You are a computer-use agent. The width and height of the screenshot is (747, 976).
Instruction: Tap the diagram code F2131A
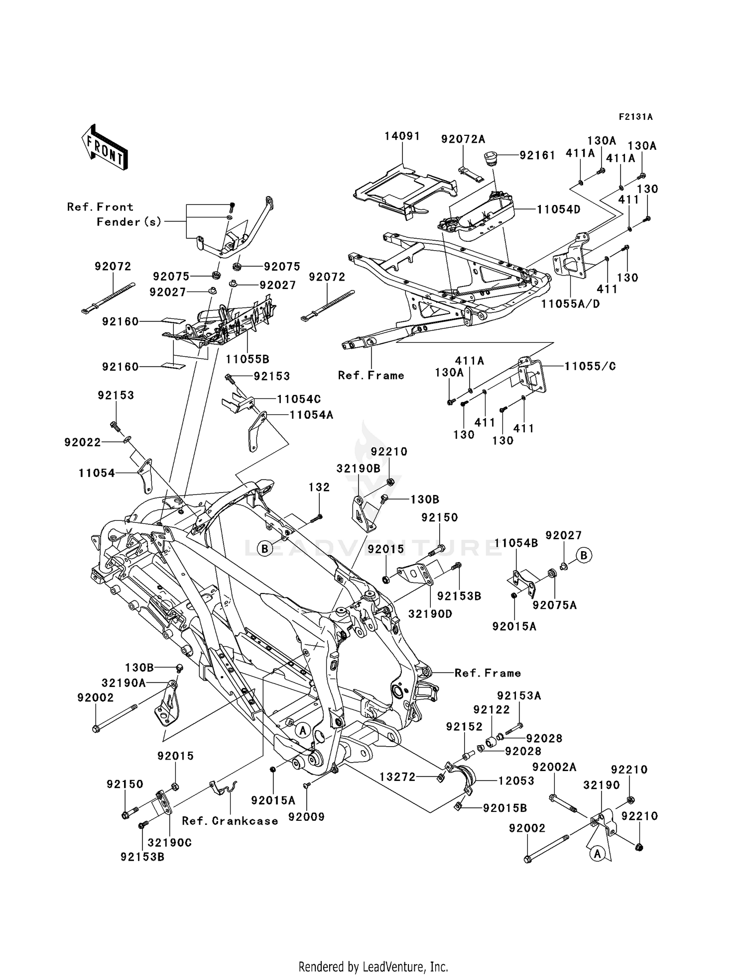[635, 117]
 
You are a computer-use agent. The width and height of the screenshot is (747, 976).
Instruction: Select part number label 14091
[402, 136]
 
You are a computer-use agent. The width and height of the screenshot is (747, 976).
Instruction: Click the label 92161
[537, 155]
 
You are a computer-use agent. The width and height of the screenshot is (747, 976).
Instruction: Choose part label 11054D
[558, 209]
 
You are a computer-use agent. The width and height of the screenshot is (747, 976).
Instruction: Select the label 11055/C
[590, 366]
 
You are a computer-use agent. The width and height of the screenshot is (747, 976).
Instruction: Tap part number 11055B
[248, 358]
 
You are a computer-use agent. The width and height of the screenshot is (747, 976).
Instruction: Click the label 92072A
[463, 139]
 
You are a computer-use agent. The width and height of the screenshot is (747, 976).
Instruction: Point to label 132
[319, 487]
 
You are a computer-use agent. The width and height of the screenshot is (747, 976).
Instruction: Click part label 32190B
[358, 468]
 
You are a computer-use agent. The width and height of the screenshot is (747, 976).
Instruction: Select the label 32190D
[430, 614]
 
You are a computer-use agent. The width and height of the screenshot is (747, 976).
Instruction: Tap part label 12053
[516, 781]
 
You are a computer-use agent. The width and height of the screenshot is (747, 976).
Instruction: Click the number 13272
[397, 777]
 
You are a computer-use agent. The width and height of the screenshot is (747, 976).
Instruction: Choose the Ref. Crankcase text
[230, 821]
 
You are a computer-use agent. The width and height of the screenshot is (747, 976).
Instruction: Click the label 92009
[309, 816]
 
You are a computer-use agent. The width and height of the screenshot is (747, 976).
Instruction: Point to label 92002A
[554, 768]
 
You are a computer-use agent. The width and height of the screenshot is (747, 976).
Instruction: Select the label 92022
[82, 442]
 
